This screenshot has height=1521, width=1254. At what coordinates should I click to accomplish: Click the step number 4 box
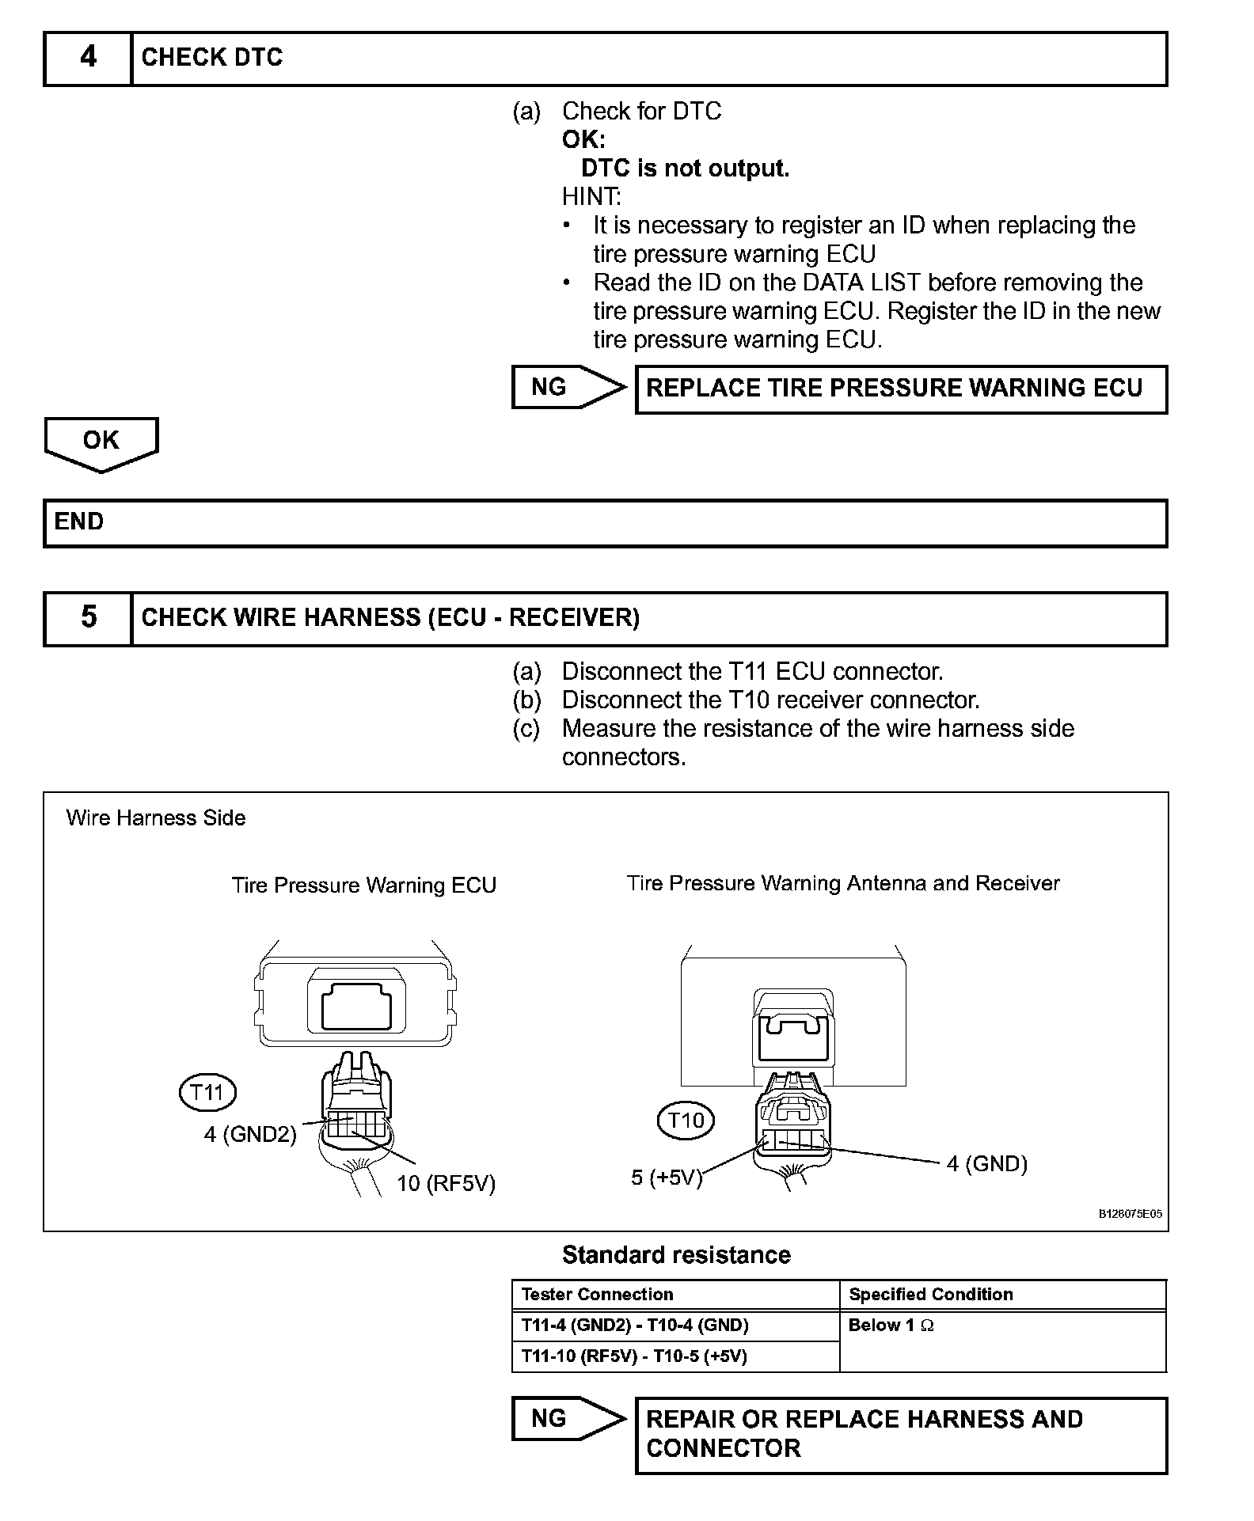pos(88,58)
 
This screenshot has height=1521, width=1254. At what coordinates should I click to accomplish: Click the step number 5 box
pos(88,618)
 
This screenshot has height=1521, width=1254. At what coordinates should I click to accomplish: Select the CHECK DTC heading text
pos(211,58)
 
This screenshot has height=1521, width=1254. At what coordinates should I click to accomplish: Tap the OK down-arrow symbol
pos(101,443)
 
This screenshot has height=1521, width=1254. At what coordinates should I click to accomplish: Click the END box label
pos(79,522)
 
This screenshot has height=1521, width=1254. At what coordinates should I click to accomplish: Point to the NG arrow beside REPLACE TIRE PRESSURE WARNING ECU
pos(568,387)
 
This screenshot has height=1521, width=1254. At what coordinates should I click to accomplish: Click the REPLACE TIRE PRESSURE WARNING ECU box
pos(901,389)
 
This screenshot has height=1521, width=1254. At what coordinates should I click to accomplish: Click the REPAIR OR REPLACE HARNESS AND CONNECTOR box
pos(901,1434)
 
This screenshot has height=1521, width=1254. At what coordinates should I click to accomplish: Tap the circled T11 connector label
pos(207,1093)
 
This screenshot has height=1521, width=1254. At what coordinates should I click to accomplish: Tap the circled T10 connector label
pos(686,1120)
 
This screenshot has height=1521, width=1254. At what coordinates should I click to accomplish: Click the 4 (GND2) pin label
pos(250,1134)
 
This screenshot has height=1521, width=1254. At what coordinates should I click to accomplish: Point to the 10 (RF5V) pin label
pos(446,1184)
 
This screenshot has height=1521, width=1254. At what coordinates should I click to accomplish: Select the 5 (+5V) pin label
pos(667,1178)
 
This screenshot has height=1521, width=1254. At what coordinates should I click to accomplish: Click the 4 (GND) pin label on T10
pos(986,1163)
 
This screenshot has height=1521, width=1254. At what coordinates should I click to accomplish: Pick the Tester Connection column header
pos(597,1295)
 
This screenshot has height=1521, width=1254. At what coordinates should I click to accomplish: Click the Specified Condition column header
pos(930,1295)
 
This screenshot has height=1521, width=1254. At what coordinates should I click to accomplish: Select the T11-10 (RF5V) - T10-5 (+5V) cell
pos(634,1356)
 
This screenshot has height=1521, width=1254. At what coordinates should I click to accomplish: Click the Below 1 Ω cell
pos(891,1326)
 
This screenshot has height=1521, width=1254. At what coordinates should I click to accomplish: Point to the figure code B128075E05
pos(1130,1214)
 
